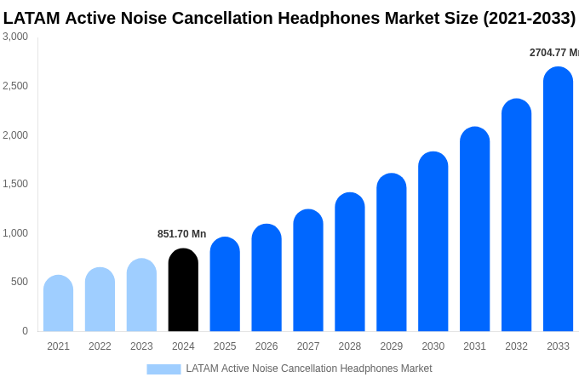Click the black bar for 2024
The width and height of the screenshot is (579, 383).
[183, 290]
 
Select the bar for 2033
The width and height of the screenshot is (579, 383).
[558, 199]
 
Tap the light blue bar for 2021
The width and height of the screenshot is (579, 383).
[58, 304]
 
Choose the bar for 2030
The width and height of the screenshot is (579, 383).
[433, 242]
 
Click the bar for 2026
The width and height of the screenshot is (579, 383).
[267, 278]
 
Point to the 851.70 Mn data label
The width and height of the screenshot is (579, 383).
[181, 234]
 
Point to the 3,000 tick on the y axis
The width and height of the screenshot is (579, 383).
[15, 37]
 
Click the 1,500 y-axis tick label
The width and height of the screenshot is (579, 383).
[15, 184]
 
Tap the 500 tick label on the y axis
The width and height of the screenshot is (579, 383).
[19, 282]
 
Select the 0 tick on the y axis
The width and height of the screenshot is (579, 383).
[25, 331]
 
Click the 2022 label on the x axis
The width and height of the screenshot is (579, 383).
[100, 346]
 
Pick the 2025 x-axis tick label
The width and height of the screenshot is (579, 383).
[225, 346]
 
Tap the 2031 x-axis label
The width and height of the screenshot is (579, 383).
[474, 346]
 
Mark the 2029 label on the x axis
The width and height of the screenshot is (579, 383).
[392, 346]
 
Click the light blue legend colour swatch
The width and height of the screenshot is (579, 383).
[163, 369]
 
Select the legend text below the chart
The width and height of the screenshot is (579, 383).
[309, 369]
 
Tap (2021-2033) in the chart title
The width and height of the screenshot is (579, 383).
[529, 18]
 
